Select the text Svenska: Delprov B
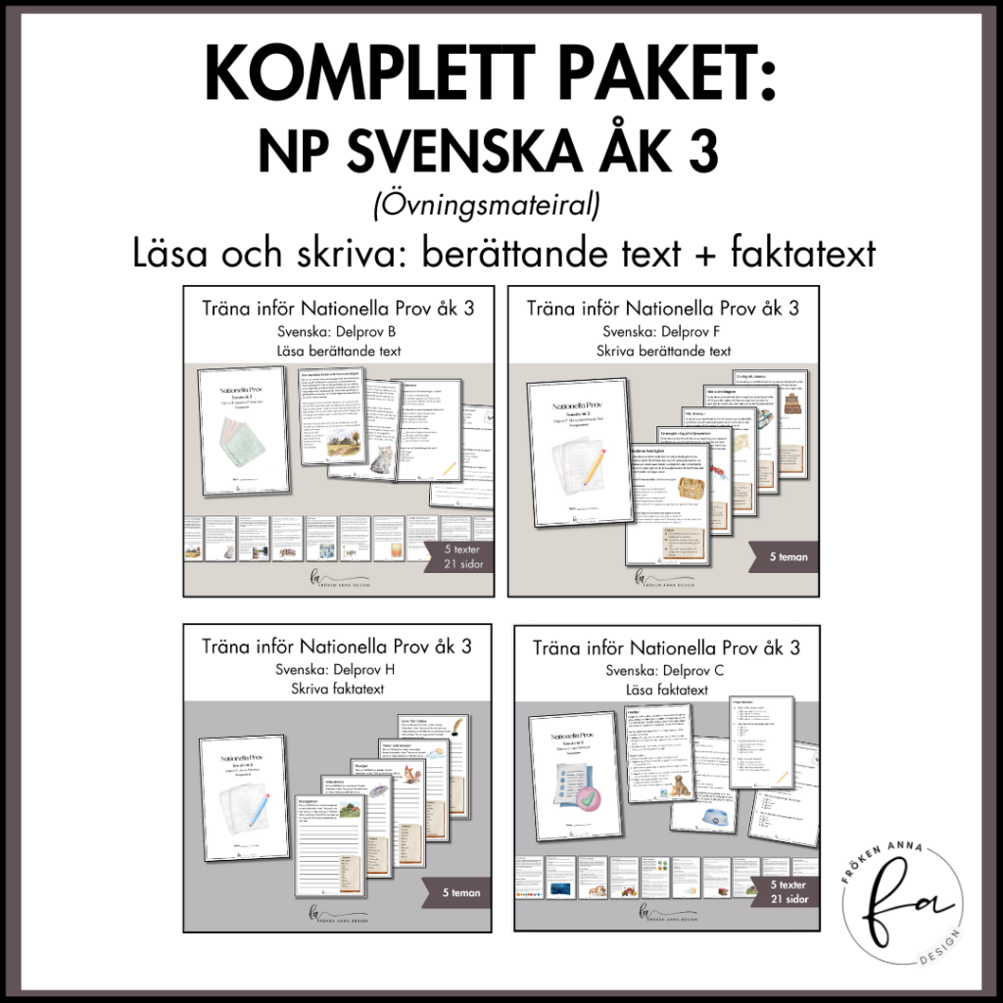337,331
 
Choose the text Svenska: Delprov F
662,331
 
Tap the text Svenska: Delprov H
337,670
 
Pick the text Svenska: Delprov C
662,671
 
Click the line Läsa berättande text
337,352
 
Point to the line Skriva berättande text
662,352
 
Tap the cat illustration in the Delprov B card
376,458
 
